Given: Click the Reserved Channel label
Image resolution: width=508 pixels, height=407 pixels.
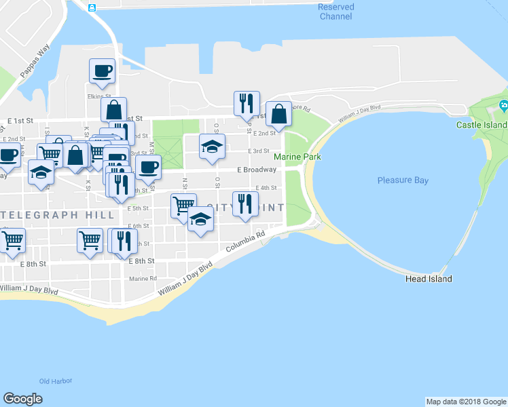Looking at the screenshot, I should (x=335, y=11).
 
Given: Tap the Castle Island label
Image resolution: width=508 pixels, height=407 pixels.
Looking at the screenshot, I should (x=482, y=125).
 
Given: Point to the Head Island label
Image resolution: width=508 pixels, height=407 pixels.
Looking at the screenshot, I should (x=429, y=279).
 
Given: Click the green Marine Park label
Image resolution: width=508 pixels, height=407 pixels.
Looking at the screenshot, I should (x=297, y=157).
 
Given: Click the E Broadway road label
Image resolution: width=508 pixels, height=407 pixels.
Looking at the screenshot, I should (x=257, y=170).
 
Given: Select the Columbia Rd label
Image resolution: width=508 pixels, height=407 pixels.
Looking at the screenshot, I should (x=246, y=242).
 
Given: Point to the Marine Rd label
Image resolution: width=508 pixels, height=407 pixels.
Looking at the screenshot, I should (x=143, y=278).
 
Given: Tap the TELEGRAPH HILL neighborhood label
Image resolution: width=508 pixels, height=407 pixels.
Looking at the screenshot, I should (x=57, y=214).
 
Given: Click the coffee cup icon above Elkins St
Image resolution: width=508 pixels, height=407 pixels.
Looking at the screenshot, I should (x=103, y=71).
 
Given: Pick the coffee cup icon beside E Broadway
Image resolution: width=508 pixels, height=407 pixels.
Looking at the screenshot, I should (x=149, y=167).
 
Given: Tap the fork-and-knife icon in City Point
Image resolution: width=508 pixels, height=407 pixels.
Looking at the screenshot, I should (x=245, y=203).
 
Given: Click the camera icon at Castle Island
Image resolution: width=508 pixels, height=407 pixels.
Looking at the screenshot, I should (x=503, y=105).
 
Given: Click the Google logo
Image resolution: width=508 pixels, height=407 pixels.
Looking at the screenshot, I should (x=22, y=399).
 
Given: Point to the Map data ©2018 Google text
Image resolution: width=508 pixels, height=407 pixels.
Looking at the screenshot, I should (x=466, y=402).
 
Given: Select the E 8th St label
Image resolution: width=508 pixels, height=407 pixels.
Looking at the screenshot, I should (x=33, y=263).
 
